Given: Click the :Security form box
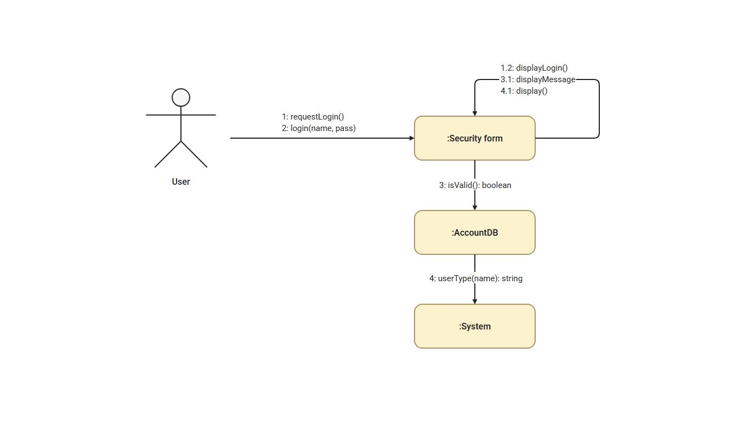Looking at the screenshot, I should [474, 138].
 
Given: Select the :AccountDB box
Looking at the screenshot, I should [474, 232].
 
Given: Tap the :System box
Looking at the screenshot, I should [474, 326].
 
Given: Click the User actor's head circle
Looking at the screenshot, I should [181, 98].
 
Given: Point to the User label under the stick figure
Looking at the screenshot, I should [181, 181].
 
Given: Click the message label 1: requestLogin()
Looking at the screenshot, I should [313, 117].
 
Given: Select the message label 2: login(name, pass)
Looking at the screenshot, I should [319, 128].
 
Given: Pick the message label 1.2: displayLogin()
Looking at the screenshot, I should [534, 68].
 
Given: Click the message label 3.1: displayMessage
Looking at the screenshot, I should [538, 79].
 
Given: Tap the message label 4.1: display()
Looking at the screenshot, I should [524, 91].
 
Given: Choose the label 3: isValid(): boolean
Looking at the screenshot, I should [475, 185].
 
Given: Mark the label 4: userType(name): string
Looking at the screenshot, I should [475, 278].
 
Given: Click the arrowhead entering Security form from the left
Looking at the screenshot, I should [412, 138].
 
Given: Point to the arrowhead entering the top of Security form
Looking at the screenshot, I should [475, 113].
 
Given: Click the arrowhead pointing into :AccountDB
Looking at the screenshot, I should [475, 208].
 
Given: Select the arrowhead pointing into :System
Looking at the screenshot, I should [475, 301].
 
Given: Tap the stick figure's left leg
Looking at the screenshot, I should [168, 154].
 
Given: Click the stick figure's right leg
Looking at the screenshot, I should [194, 154].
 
